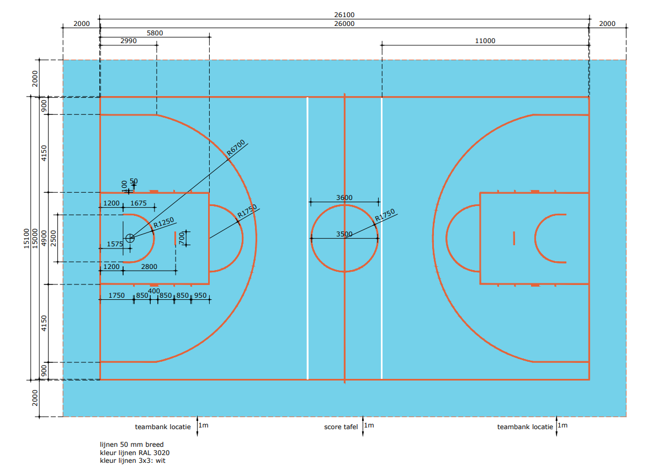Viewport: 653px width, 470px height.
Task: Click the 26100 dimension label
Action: (344, 15)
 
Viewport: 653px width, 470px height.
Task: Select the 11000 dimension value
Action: (485, 41)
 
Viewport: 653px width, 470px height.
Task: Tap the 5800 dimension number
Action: (155, 33)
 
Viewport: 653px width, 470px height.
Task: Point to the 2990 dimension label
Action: (128, 41)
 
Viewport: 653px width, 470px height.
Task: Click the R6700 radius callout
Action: (236, 148)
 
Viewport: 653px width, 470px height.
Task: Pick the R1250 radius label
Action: (164, 223)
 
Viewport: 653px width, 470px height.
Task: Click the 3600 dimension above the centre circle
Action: (344, 198)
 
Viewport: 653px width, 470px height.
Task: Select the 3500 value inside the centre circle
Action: (344, 234)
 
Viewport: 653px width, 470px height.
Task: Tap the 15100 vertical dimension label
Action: (26, 239)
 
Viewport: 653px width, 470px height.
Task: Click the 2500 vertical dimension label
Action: (54, 239)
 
